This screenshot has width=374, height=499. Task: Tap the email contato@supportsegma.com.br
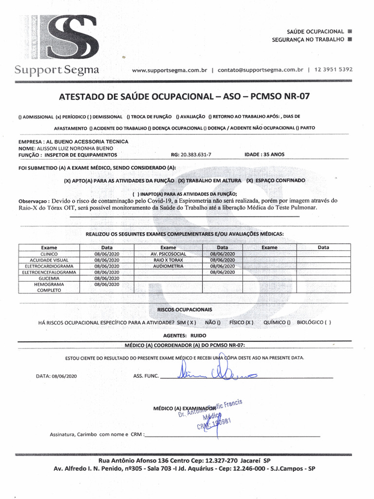(260, 70)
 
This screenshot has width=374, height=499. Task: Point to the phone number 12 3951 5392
(334, 70)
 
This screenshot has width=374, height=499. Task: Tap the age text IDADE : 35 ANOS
(264, 154)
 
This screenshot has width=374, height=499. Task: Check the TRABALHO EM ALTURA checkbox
(181, 180)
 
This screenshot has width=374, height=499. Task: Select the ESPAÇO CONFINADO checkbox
(249, 180)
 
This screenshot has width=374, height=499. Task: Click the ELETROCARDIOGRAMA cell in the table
(49, 267)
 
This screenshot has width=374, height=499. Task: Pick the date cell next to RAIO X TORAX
(222, 260)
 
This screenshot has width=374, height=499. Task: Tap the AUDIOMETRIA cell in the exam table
(168, 267)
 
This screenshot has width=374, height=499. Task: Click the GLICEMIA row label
(49, 278)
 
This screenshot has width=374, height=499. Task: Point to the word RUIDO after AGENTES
(199, 336)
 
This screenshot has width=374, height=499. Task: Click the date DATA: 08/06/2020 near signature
(56, 376)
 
